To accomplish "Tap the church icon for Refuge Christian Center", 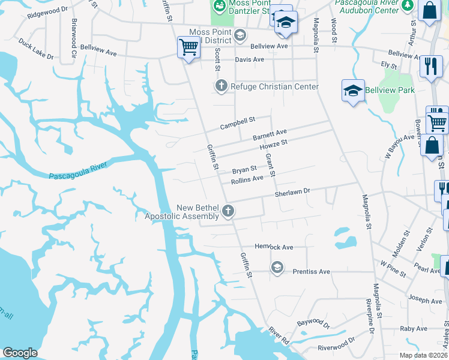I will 220,86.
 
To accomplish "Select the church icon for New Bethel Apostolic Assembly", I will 228,211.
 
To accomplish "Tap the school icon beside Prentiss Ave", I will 277,266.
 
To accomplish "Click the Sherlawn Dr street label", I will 292,193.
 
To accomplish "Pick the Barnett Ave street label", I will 270,134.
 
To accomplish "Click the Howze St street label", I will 274,145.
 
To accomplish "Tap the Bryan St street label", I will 244,170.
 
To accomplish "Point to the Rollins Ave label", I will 247,179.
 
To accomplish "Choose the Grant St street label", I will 270,164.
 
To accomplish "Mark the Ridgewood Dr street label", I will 47,12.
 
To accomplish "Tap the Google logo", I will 20,353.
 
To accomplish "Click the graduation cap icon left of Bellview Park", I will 354,91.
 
